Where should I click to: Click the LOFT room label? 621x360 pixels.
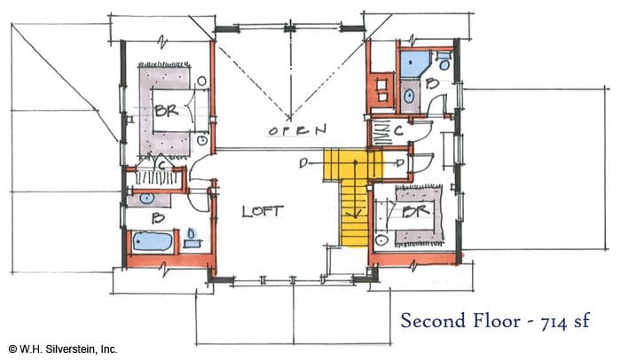pyautogui.click(x=263, y=211)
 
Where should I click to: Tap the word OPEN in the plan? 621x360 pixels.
pyautogui.click(x=297, y=129)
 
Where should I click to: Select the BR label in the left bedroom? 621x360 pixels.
pyautogui.click(x=167, y=110)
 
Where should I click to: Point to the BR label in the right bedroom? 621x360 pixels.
pyautogui.click(x=416, y=211)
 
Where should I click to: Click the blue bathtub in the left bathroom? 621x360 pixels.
pyautogui.click(x=152, y=241)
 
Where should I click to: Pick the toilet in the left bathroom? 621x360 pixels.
pyautogui.click(x=192, y=238)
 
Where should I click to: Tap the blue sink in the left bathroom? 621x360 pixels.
pyautogui.click(x=147, y=199)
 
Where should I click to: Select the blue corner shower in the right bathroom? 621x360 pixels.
pyautogui.click(x=414, y=64)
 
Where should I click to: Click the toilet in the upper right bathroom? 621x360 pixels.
pyautogui.click(x=444, y=61)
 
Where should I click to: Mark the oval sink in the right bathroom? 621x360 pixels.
pyautogui.click(x=409, y=96)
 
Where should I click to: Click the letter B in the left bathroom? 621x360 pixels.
pyautogui.click(x=159, y=217)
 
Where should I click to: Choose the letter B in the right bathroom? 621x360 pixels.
pyautogui.click(x=433, y=83)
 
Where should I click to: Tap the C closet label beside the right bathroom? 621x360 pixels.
pyautogui.click(x=398, y=130)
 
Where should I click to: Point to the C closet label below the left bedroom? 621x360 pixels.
pyautogui.click(x=161, y=165)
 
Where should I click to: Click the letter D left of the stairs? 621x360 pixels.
pyautogui.click(x=303, y=162)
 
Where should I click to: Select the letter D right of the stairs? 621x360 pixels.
pyautogui.click(x=400, y=162)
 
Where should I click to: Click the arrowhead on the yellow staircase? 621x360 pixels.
pyautogui.click(x=356, y=215)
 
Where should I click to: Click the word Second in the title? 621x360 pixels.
pyautogui.click(x=433, y=320)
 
